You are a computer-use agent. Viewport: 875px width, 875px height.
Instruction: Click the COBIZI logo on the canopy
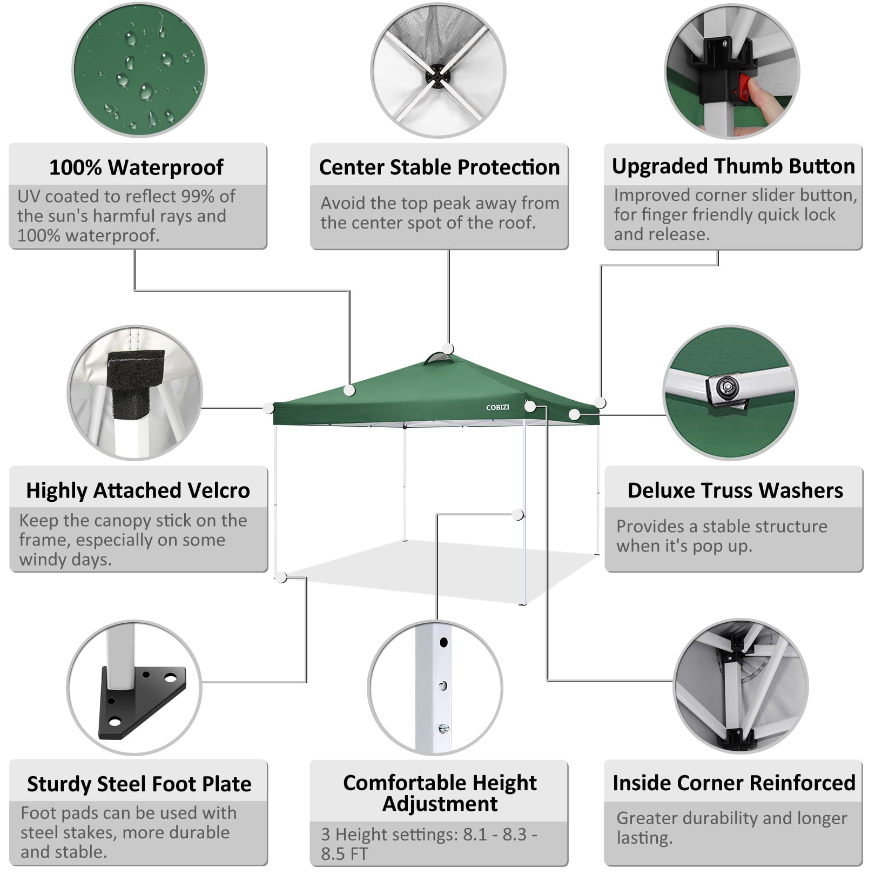(x=497, y=407)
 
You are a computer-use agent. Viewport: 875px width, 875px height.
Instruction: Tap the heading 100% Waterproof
(x=136, y=167)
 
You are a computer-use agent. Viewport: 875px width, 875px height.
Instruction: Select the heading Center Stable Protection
(x=439, y=167)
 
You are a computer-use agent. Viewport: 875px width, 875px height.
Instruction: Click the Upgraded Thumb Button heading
(x=733, y=166)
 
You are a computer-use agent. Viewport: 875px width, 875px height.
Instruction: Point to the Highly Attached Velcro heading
(x=138, y=490)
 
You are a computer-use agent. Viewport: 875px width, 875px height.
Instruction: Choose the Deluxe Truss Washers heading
(x=735, y=490)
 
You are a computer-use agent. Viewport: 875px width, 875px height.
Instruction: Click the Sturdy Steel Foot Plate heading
(x=139, y=784)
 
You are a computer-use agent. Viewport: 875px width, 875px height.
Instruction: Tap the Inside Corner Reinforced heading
(x=734, y=783)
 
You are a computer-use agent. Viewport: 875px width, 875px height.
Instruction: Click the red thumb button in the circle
(x=745, y=90)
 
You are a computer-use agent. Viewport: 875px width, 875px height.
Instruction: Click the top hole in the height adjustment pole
(x=443, y=643)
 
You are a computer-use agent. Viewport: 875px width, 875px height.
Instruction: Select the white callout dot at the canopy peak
(x=448, y=348)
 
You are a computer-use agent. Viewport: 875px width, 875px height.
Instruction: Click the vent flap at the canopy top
(x=439, y=360)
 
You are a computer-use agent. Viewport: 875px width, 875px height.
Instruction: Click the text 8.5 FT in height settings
(x=344, y=854)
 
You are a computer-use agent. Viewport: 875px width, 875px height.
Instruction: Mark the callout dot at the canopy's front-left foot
(x=281, y=577)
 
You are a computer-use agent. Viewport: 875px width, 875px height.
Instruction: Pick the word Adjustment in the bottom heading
(x=440, y=804)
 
